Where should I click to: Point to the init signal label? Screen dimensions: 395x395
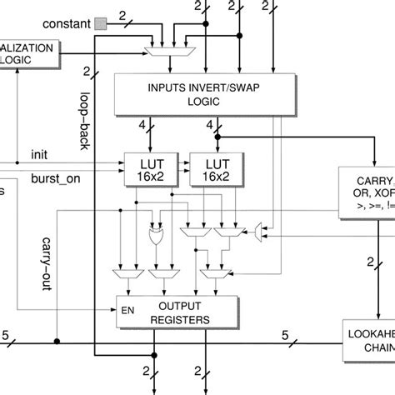39,154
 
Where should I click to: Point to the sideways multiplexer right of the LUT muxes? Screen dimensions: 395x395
260,227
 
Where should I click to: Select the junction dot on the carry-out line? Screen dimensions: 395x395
57,342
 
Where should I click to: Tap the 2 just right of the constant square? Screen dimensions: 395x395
122,15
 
